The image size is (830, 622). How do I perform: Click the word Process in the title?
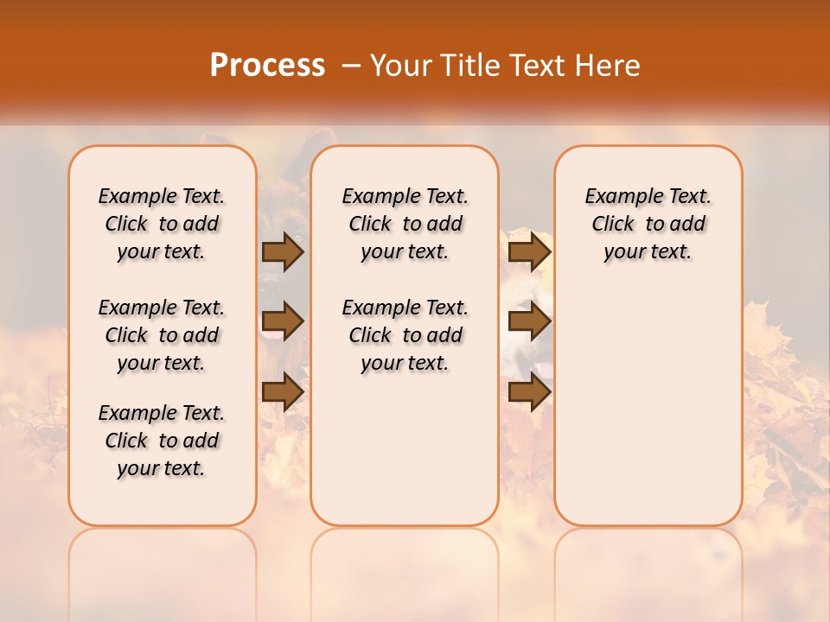click(x=267, y=66)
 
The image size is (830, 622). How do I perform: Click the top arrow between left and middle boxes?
click(x=283, y=251)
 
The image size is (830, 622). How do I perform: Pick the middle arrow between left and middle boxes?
click(x=283, y=321)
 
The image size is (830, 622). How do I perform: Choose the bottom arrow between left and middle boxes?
click(x=283, y=391)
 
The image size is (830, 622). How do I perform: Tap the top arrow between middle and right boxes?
click(x=529, y=251)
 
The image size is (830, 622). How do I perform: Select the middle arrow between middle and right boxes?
click(x=529, y=321)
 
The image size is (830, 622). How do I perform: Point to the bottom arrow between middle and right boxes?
click(x=529, y=391)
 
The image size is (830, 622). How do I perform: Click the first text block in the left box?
click(x=162, y=224)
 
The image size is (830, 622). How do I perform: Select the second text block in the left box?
click(x=162, y=335)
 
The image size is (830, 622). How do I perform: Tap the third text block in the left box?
click(x=162, y=441)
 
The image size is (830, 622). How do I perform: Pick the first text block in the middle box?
click(x=405, y=224)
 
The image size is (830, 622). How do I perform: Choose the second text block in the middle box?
click(x=405, y=335)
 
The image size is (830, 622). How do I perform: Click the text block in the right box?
click(x=648, y=224)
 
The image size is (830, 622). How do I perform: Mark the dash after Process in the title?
click(x=351, y=66)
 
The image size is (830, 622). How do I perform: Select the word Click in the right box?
click(x=613, y=225)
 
